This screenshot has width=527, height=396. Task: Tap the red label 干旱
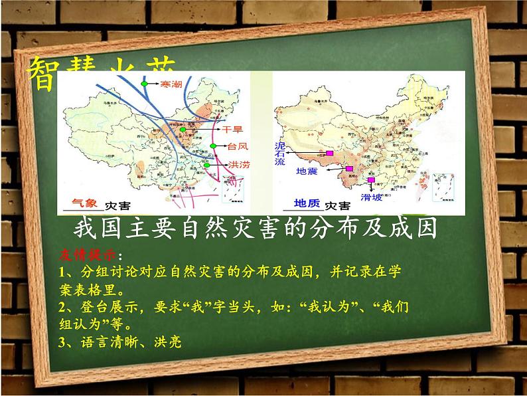click(x=232, y=128)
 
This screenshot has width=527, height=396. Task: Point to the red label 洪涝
click(x=237, y=165)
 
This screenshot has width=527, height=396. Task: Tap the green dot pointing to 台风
click(x=213, y=146)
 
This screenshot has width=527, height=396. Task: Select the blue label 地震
click(x=307, y=171)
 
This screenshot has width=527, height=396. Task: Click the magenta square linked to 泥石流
click(x=329, y=153)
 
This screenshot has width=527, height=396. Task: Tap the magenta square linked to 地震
click(x=349, y=169)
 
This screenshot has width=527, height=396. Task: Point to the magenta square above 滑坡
click(x=370, y=179)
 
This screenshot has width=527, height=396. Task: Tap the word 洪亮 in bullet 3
click(x=166, y=342)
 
